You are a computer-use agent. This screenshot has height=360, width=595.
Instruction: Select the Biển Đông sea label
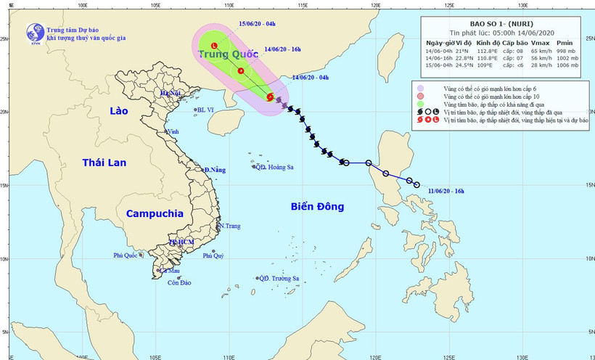(x=317, y=207)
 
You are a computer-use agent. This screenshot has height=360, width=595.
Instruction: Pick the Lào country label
(x=118, y=111)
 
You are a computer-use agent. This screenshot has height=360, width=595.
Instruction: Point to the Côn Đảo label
(x=178, y=282)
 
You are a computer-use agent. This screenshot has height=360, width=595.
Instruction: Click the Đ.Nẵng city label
(x=215, y=170)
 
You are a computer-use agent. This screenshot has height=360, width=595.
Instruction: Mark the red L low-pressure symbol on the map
(x=214, y=47)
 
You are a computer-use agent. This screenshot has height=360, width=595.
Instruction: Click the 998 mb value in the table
(x=565, y=52)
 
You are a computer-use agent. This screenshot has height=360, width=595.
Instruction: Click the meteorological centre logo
(x=34, y=33)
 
